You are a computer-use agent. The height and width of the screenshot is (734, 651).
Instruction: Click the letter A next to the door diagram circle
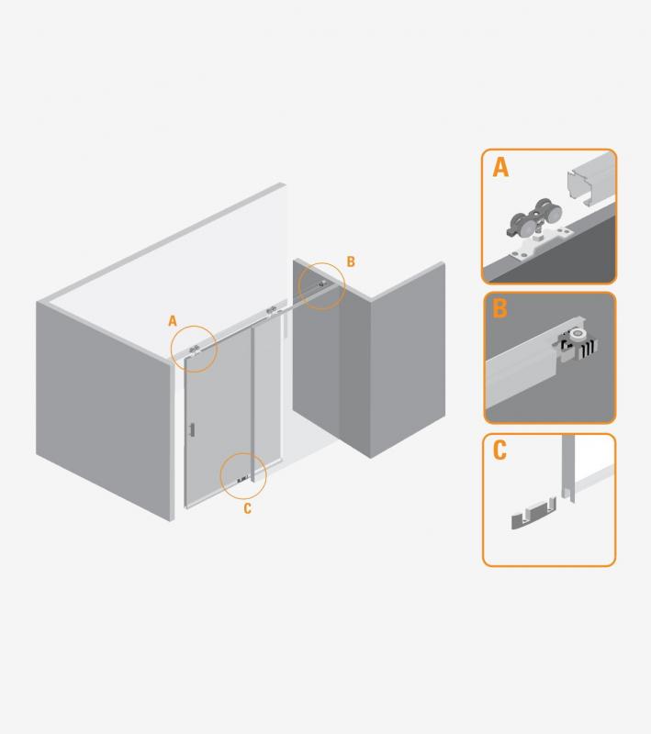pos(173,321)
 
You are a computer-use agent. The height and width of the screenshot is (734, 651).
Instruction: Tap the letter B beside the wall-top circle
pos(351,261)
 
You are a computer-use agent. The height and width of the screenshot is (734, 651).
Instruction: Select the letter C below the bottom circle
pos(248,508)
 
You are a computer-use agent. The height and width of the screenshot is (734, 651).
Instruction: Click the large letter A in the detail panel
pos(500,167)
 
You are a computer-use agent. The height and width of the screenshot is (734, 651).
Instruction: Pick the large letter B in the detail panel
pos(499,308)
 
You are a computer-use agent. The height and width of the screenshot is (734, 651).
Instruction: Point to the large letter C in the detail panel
pos(499,450)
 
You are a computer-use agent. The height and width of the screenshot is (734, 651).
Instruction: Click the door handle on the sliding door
pos(192,429)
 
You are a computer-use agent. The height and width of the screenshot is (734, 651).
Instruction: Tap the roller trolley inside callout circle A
pos(195,350)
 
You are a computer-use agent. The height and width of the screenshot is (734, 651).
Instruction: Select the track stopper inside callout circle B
pos(321,284)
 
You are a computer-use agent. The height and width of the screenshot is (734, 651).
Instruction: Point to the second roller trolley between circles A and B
pos(272,310)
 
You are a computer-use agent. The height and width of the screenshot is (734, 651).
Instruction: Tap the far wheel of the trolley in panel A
pos(547,212)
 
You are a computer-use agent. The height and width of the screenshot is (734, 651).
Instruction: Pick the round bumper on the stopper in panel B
pos(577,335)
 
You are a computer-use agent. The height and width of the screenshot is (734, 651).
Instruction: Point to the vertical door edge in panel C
pos(568,468)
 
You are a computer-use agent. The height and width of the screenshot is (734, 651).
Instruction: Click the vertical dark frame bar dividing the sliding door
pos(253,404)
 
